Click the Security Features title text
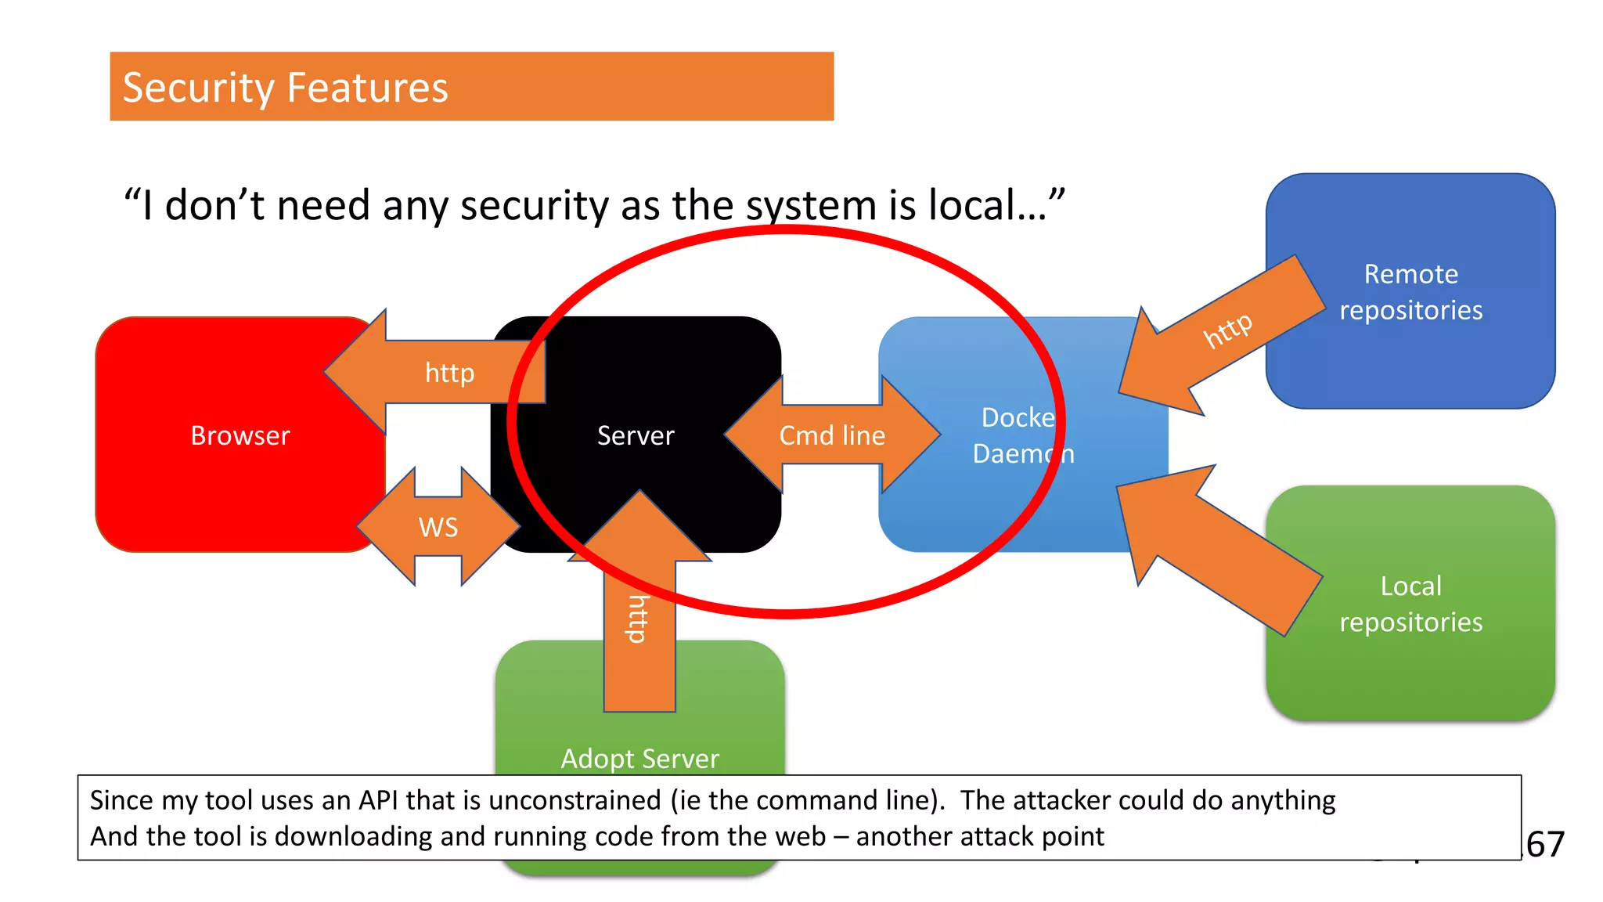(285, 87)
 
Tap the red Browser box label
(240, 435)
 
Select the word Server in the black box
(635, 435)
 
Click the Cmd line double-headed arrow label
(831, 435)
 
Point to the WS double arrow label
(438, 527)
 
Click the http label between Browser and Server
(449, 373)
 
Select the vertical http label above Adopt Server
(639, 619)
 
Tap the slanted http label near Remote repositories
(1227, 330)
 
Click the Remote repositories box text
(1410, 292)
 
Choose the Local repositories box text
(1410, 604)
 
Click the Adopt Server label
(639, 758)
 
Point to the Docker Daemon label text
(1021, 435)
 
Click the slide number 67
(1545, 844)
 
